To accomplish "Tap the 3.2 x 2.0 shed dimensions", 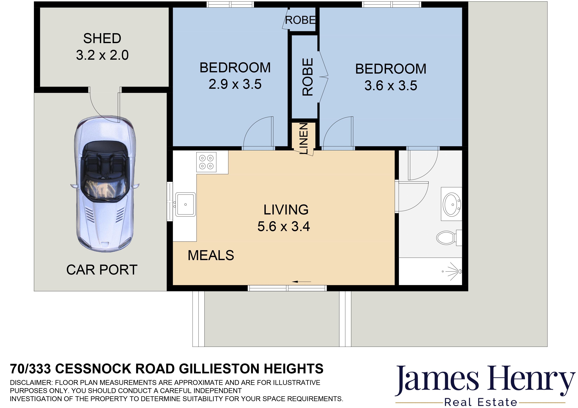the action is click(102, 55).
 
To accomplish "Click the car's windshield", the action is click(104, 188).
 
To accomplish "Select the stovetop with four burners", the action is click(206, 162).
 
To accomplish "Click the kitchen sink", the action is click(186, 204).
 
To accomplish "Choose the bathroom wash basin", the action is click(451, 204).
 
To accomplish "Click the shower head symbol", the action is click(454, 271).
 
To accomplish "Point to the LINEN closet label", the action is click(304, 138).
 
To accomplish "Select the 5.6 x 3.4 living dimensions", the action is click(284, 226).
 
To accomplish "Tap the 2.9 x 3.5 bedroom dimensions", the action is click(235, 84).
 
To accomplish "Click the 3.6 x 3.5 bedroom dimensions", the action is click(391, 86).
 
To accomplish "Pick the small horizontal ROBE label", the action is click(301, 20).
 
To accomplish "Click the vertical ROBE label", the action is click(308, 77).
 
